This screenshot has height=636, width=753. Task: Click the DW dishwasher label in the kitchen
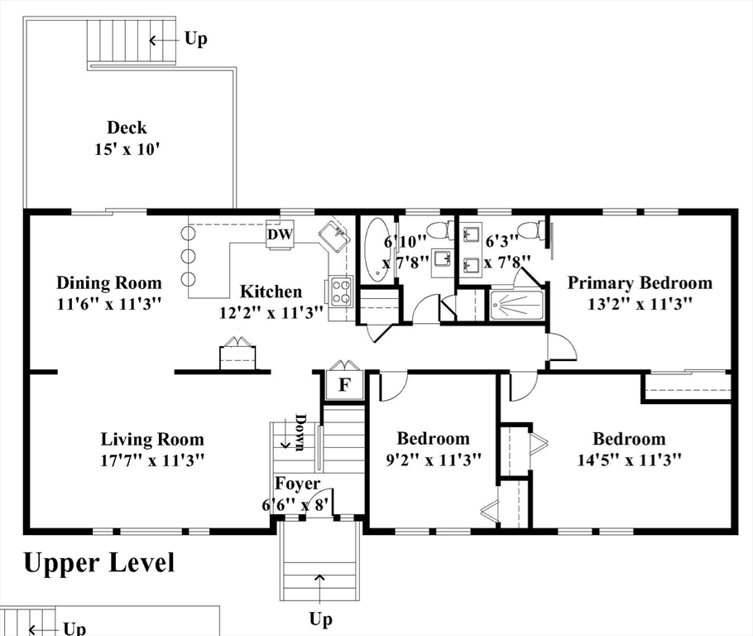click(x=280, y=235)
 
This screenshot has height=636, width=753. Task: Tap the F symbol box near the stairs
click(x=344, y=384)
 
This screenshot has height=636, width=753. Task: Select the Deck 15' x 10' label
click(x=127, y=138)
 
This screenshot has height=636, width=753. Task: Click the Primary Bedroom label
click(x=640, y=282)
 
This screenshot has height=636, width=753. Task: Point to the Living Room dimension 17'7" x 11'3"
click(x=152, y=460)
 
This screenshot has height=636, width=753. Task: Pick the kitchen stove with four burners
click(x=341, y=291)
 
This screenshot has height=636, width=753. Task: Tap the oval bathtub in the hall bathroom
click(x=377, y=250)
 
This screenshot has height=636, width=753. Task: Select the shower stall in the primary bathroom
click(x=518, y=305)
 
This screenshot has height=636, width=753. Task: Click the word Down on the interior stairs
click(x=300, y=431)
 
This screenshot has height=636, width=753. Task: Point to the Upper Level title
click(x=99, y=563)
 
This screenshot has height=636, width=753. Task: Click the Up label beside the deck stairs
click(x=196, y=38)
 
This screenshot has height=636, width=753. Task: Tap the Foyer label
click(x=297, y=484)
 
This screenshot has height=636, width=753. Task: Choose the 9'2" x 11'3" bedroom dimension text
click(x=434, y=460)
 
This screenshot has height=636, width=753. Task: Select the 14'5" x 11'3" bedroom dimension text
click(x=629, y=460)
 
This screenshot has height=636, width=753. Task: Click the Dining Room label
click(x=109, y=282)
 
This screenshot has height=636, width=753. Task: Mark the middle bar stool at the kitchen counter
click(x=189, y=256)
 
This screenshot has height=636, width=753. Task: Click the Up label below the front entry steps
click(x=320, y=619)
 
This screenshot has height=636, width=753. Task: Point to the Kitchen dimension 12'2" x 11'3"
click(x=271, y=313)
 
